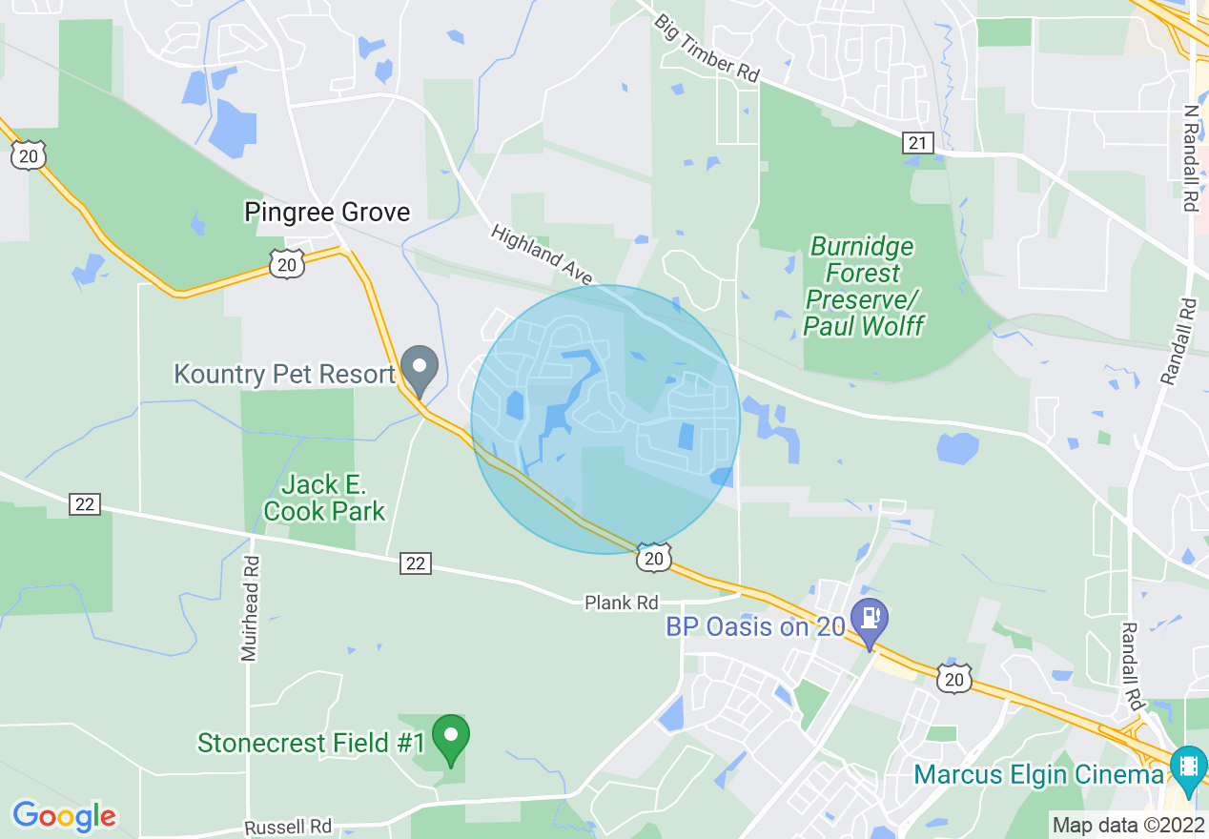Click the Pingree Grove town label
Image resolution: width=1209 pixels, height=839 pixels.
pyautogui.click(x=327, y=212)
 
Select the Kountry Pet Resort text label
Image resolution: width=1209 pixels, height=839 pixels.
pyautogui.click(x=284, y=374)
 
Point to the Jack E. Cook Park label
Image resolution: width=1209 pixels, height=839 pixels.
pyautogui.click(x=324, y=498)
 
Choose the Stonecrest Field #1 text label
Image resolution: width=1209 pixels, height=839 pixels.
pyautogui.click(x=310, y=743)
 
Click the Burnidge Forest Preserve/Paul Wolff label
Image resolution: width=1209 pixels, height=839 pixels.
pyautogui.click(x=863, y=286)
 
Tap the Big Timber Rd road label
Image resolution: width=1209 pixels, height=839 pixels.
pyautogui.click(x=707, y=47)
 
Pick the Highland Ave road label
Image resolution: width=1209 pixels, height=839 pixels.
pyautogui.click(x=542, y=254)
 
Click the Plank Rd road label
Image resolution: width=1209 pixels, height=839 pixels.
pyautogui.click(x=622, y=603)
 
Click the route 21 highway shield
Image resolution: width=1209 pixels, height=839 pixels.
pyautogui.click(x=916, y=143)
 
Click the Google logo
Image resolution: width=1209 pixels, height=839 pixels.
pyautogui.click(x=64, y=816)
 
